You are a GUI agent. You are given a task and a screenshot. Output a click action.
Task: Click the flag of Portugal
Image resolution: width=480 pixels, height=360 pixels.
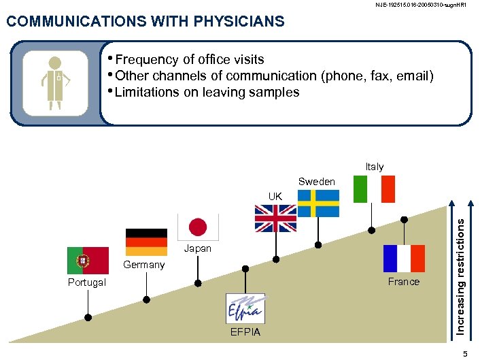tap(88, 261)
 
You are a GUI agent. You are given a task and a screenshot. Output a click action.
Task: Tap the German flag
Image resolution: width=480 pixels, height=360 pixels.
tap(146, 242)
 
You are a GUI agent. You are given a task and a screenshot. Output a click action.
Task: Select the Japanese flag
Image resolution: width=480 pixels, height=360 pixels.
tap(197, 227)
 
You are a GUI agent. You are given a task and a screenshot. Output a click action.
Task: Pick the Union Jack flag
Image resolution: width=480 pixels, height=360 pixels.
tap(275, 218)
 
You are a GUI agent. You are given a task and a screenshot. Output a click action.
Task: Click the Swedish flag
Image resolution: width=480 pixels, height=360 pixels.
tap(318, 203)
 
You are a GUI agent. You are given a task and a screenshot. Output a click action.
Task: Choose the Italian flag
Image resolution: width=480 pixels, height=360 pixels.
tap(374, 189)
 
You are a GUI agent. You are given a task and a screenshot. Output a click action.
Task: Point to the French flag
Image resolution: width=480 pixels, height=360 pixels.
tap(404, 259)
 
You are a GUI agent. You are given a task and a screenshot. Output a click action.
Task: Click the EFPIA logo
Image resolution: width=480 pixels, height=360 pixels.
tap(245, 308)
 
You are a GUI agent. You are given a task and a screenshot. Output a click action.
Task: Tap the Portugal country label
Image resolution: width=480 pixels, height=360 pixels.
tap(87, 282)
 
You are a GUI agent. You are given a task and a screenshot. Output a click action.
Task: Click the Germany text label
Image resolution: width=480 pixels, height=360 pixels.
tap(143, 265)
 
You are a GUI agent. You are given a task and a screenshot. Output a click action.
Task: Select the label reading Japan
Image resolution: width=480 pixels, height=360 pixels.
tap(198, 248)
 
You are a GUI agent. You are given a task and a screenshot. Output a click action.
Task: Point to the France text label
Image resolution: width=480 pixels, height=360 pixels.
tap(404, 282)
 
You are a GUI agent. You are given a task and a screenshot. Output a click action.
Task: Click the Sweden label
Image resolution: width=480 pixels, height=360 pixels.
tap(317, 182)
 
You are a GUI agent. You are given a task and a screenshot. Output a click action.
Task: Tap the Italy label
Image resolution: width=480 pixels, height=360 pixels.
tap(375, 167)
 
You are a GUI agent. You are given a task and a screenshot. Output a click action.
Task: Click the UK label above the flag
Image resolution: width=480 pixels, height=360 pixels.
tap(275, 196)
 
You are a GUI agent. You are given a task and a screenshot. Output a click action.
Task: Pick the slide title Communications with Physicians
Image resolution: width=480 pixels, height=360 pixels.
tap(145, 22)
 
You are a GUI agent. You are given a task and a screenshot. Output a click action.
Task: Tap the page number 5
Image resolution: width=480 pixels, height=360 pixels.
tap(465, 353)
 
